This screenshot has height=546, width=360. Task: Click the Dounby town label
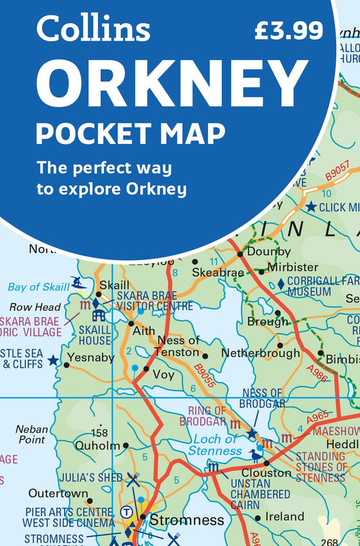(269, 251)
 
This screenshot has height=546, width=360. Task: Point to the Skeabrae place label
(217, 271)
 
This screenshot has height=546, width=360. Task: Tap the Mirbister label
(292, 267)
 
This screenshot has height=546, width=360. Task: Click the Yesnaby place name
(91, 357)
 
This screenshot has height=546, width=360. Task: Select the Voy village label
(163, 374)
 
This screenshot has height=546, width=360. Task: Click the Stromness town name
(186, 520)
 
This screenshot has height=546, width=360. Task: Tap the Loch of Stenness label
(213, 445)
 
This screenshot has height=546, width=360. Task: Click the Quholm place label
(97, 445)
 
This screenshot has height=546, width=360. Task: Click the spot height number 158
(99, 433)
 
